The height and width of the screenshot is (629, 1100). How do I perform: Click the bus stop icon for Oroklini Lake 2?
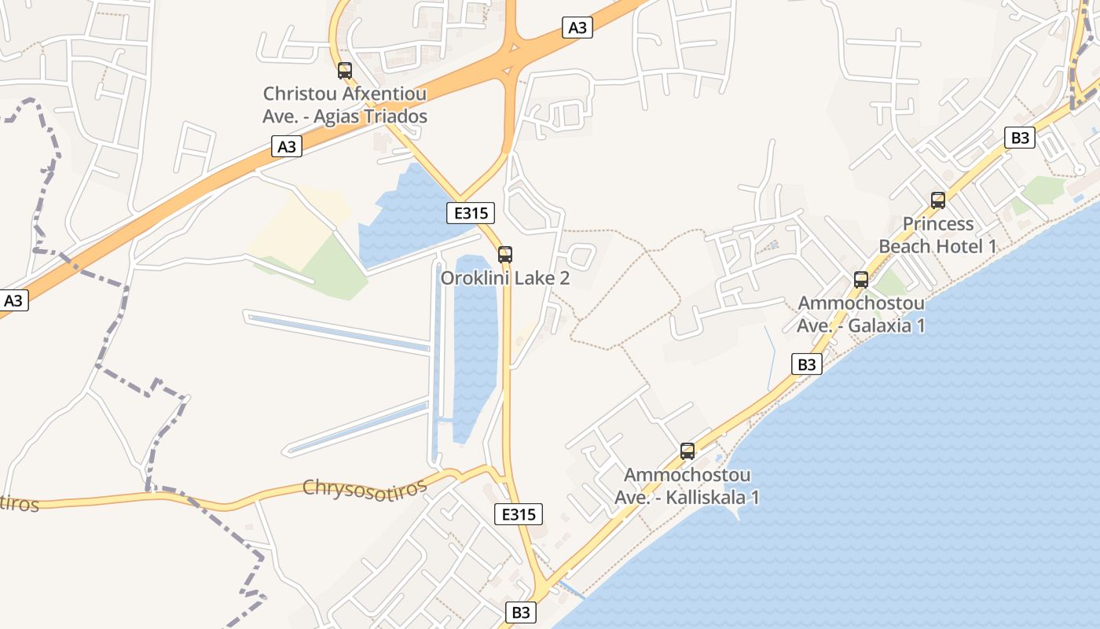[505, 254]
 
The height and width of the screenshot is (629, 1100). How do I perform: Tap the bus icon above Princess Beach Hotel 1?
[937, 200]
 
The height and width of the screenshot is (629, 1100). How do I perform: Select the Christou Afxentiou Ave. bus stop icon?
[344, 70]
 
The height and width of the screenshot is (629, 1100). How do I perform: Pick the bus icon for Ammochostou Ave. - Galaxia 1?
[860, 279]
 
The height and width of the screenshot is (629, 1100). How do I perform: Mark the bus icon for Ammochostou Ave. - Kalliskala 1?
[687, 451]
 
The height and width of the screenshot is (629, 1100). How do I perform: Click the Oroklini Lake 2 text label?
[504, 278]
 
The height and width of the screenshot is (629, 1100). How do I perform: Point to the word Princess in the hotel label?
[937, 224]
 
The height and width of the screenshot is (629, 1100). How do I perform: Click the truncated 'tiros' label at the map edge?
[19, 502]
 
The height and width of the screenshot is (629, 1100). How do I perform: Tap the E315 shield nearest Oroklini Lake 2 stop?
[471, 212]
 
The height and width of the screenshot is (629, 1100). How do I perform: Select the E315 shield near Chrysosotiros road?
[519, 514]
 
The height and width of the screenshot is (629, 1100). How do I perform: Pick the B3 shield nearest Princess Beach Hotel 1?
[1019, 138]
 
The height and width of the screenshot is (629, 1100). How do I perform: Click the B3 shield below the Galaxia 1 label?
[808, 364]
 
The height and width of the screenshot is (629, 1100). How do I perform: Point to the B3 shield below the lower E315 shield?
[521, 612]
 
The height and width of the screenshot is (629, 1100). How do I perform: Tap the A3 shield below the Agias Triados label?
[288, 145]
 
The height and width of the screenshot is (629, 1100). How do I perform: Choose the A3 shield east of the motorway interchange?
[577, 28]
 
